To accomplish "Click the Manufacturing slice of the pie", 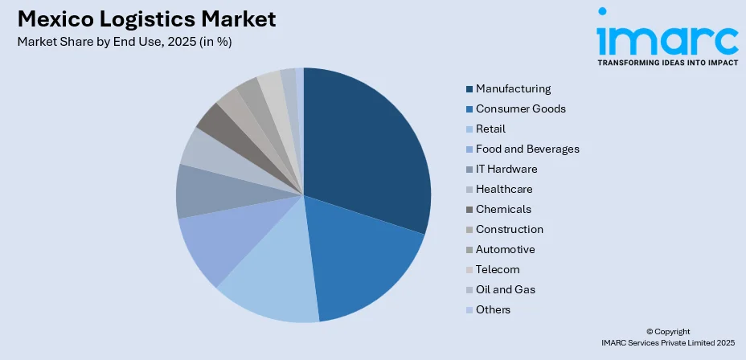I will (370, 145).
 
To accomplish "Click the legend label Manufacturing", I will (513, 88).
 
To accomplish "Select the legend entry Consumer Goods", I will (520, 108).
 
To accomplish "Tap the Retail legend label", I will (490, 129).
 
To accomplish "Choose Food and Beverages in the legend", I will (527, 149).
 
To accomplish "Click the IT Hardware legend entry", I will (506, 169).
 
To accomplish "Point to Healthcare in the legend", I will (504, 189).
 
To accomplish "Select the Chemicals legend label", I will (503, 209).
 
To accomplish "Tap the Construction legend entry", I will (510, 229).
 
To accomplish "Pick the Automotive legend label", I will (505, 249).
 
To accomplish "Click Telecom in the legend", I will (498, 269).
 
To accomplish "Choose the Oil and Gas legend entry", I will (505, 289).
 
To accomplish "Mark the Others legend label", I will (493, 309).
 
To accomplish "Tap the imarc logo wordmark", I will (666, 36).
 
